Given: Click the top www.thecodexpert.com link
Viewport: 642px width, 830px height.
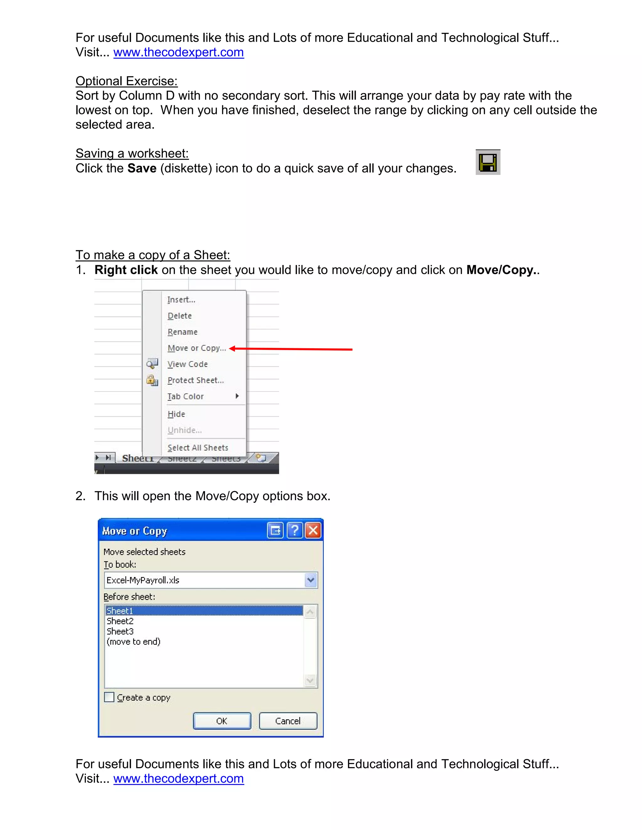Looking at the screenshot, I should click(178, 52).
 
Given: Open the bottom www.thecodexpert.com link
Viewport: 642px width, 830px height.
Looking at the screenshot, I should click(178, 778).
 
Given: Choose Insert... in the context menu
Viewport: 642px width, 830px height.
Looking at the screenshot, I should click(182, 300).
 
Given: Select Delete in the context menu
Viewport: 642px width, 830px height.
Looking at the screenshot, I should click(180, 316).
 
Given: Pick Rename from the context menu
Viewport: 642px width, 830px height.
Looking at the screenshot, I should click(182, 332).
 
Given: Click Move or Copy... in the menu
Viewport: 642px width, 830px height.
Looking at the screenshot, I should click(197, 348).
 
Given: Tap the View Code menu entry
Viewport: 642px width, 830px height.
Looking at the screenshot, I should click(187, 364).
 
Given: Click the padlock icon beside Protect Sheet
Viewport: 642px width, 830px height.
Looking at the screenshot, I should click(152, 380).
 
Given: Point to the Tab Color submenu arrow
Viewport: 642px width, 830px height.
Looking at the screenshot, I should click(237, 396).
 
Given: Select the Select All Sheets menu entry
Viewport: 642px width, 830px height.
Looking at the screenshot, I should click(198, 448).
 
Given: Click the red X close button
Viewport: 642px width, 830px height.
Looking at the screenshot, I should click(313, 531).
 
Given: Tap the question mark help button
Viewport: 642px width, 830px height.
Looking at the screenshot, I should click(295, 531).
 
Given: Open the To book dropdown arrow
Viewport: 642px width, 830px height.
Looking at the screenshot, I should click(311, 580).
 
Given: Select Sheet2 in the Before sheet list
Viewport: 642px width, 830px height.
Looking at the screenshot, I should click(120, 621).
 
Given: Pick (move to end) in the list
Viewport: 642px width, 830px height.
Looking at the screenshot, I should click(134, 641).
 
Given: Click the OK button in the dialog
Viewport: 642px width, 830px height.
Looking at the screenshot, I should click(222, 721).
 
